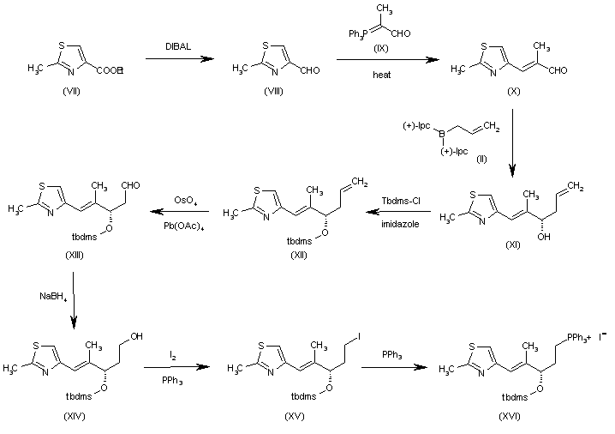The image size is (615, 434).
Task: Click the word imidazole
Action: click(398, 226)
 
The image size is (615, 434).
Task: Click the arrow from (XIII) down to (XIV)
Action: click(73, 300)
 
